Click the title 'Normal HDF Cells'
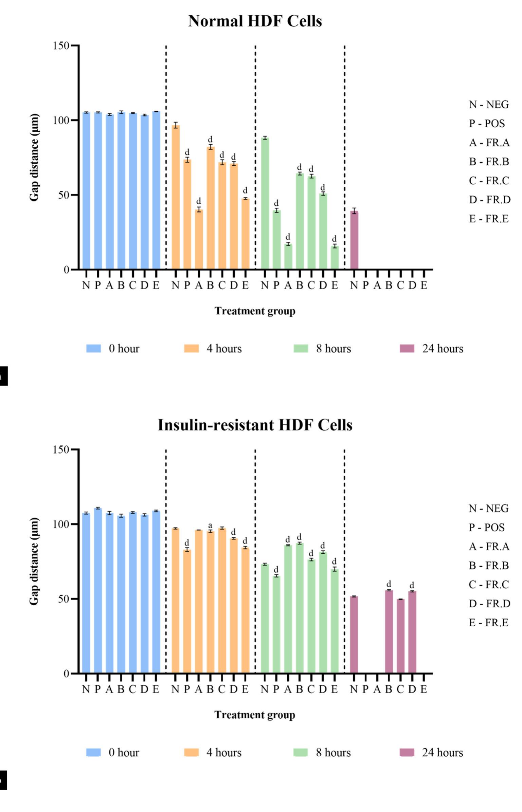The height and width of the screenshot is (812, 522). pyautogui.click(x=255, y=21)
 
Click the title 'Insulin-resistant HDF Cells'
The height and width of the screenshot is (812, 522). pyautogui.click(x=255, y=425)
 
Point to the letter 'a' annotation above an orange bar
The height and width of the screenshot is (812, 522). pyautogui.click(x=210, y=525)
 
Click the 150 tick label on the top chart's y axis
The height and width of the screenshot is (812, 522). pyautogui.click(x=61, y=45)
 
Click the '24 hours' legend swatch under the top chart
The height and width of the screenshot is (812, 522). pyautogui.click(x=407, y=349)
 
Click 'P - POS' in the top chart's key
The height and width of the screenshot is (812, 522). pyautogui.click(x=487, y=124)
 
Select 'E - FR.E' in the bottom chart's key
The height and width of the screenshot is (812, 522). pyautogui.click(x=488, y=623)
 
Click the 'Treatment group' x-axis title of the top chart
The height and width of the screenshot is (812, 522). pyautogui.click(x=255, y=311)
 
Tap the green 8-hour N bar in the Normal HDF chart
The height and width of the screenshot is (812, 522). pyautogui.click(x=265, y=204)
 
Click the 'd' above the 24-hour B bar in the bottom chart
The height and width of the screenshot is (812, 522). pyautogui.click(x=389, y=584)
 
